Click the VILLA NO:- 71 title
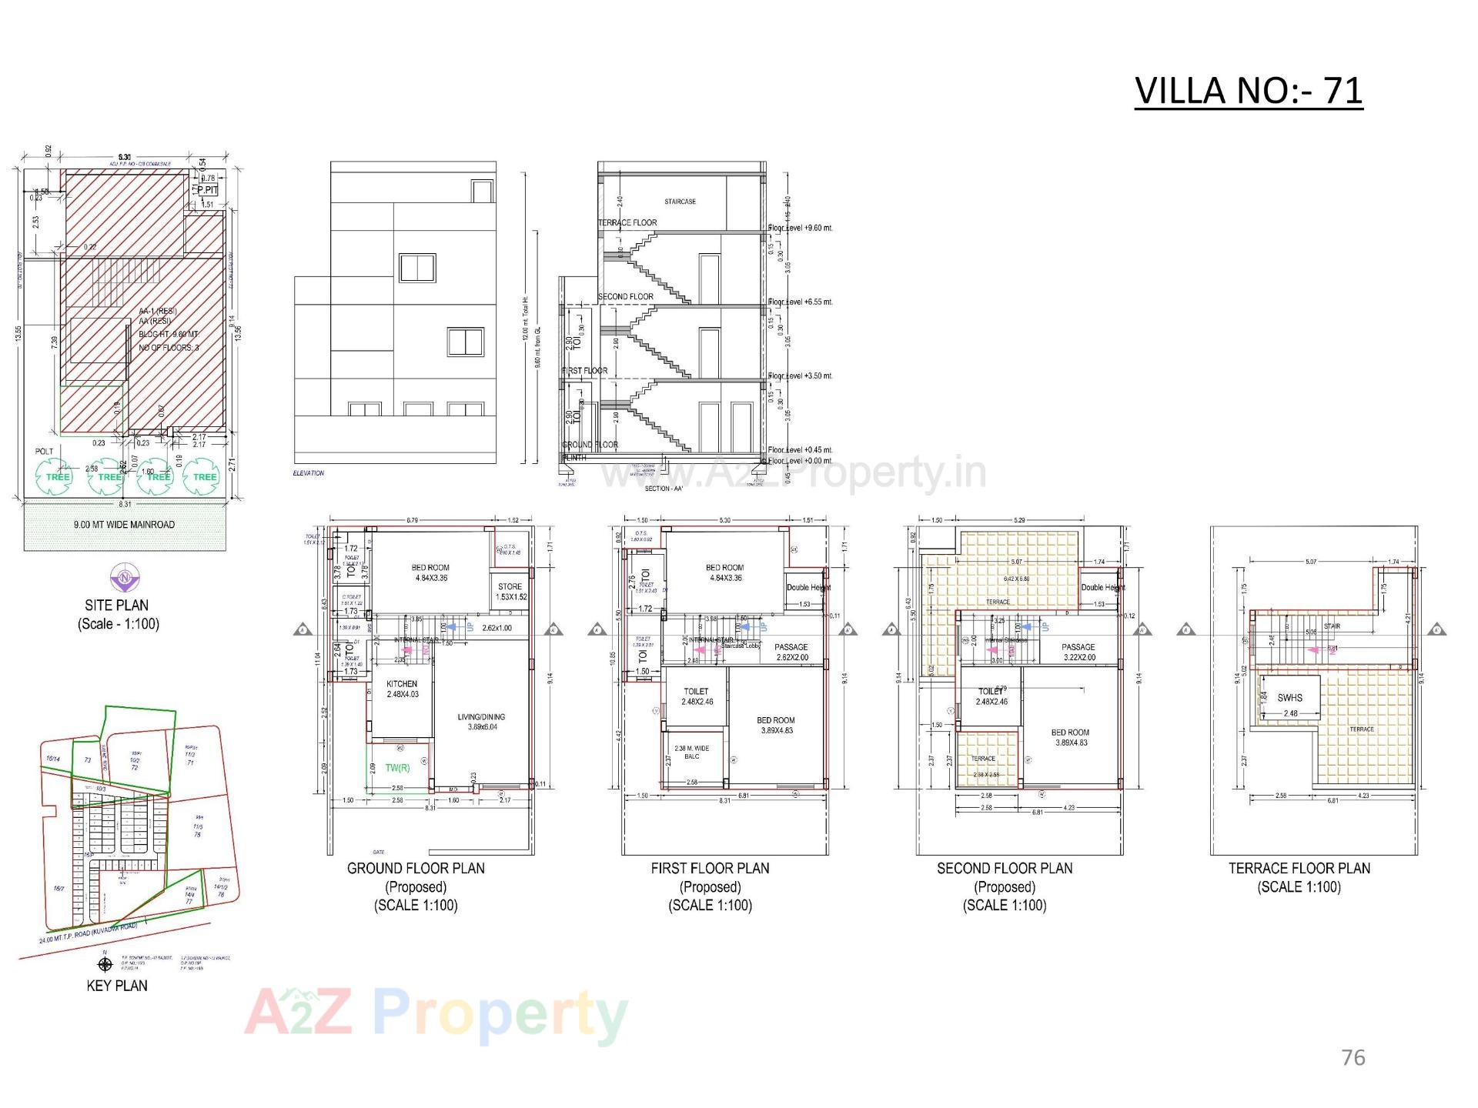1248,91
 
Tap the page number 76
1353,1058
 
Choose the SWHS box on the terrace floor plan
1289,698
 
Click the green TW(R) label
398,767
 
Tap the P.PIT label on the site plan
208,190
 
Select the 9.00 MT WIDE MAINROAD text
124,525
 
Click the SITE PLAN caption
117,606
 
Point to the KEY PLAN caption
117,986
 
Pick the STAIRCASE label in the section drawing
680,202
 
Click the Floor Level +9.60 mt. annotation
801,228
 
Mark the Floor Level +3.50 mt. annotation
801,375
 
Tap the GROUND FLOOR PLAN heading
416,868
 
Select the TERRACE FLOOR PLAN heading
1299,868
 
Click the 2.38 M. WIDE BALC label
692,752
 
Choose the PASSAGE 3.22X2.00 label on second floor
1078,652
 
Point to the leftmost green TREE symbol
58,476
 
